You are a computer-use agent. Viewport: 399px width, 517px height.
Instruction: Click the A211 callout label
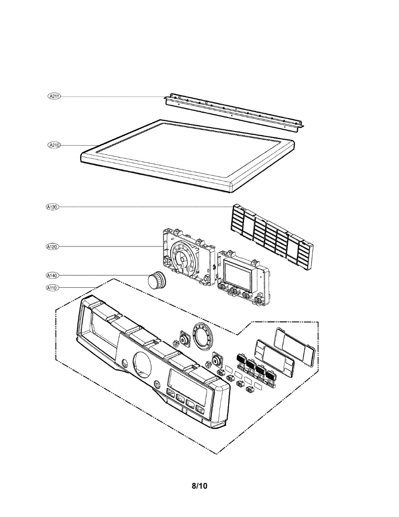54,97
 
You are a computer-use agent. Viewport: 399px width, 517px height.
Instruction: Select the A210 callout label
54,145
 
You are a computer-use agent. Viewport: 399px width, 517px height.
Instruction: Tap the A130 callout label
52,207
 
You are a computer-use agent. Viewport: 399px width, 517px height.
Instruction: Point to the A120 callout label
52,247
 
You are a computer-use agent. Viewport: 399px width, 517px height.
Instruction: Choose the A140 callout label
52,275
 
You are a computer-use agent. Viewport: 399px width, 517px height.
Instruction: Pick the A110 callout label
52,288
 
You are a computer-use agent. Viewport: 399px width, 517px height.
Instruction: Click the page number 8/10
199,486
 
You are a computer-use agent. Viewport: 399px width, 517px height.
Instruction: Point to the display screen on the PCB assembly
237,276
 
